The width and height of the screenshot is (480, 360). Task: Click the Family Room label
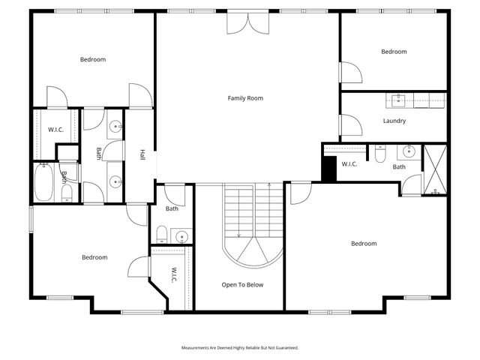pos(246,98)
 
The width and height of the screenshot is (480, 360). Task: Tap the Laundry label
pos(394,121)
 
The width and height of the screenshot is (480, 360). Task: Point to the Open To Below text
pos(242,285)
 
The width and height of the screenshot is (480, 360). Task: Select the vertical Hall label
pos(142,154)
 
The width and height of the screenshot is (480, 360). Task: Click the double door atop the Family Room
pos(247,21)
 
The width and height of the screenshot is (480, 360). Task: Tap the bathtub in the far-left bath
pos(43,182)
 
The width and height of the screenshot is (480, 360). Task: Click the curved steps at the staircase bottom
pos(256,251)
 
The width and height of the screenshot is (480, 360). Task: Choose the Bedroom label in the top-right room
pos(394,52)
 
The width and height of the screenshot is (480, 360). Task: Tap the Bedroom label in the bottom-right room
pos(364,244)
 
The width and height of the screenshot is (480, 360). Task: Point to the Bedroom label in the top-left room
pos(93,59)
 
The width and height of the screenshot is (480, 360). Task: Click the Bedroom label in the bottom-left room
pos(94,257)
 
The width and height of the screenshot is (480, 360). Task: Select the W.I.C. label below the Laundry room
pos(350,164)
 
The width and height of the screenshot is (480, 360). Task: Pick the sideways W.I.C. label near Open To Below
pos(173,275)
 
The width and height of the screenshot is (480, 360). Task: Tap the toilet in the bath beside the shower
pos(380,154)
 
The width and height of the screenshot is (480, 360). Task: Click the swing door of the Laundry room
pos(349,124)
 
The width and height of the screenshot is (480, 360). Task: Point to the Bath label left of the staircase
pos(172,209)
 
